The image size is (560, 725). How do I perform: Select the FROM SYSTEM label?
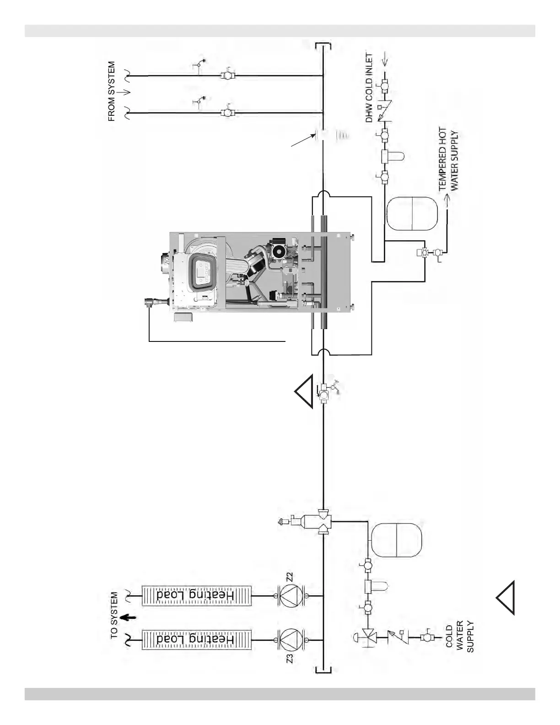(112, 92)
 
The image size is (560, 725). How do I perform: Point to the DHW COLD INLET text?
(369, 88)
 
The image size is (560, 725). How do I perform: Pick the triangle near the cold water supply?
(506, 597)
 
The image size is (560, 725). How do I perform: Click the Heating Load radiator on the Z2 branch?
(197, 595)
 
